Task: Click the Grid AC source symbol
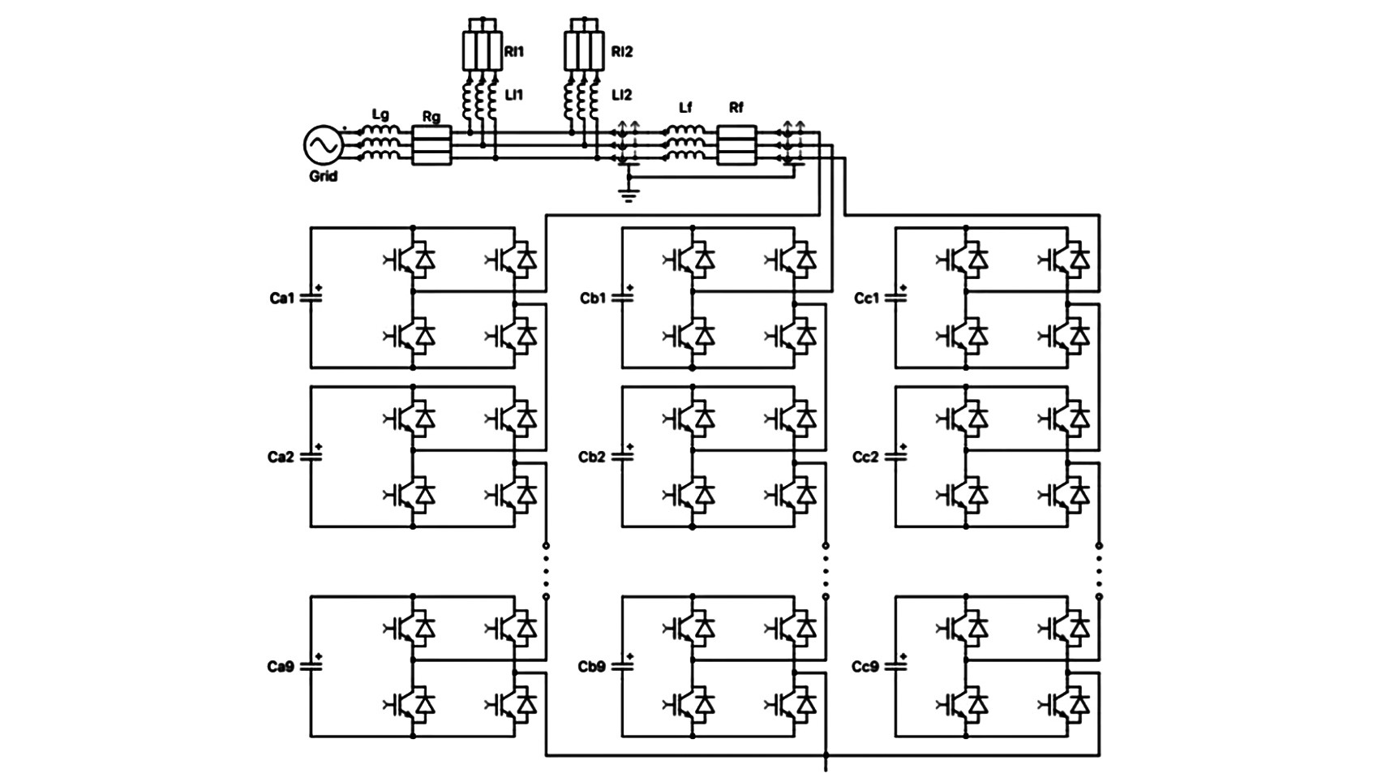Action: (323, 146)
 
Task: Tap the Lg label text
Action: (380, 115)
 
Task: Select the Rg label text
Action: (431, 117)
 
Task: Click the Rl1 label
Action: (514, 52)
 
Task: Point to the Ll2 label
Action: (621, 95)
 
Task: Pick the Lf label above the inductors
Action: (685, 107)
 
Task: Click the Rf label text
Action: (736, 107)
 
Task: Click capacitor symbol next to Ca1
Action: (311, 298)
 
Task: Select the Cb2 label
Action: (591, 458)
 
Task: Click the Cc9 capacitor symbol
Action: (895, 666)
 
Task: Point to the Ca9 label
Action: (281, 667)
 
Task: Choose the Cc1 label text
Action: (866, 299)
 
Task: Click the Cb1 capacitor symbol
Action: (622, 298)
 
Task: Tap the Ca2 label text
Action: (281, 458)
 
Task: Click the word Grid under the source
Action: (323, 176)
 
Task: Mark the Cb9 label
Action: (591, 667)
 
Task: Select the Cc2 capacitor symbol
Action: (895, 457)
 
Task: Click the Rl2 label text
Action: (621, 52)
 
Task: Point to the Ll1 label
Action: (514, 95)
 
